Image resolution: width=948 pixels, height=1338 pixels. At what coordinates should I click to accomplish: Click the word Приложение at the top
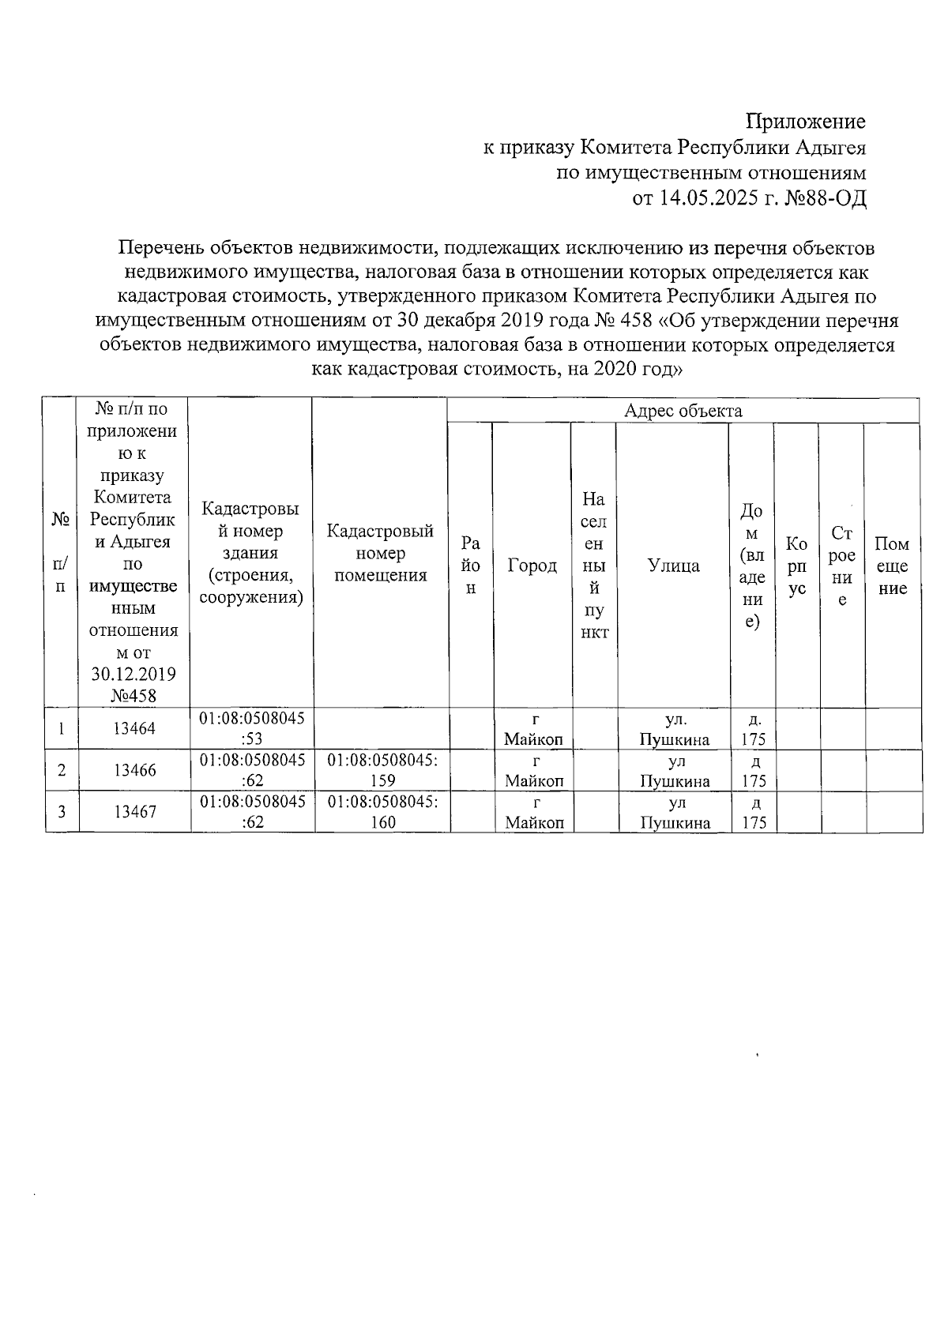(x=806, y=122)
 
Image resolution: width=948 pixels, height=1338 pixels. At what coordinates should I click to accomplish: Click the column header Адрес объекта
(x=683, y=411)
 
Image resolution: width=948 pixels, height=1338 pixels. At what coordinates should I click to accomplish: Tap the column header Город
(x=532, y=566)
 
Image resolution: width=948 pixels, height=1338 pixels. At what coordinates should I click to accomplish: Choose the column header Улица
(x=673, y=566)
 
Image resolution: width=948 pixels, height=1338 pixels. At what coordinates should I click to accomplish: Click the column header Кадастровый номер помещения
(x=381, y=553)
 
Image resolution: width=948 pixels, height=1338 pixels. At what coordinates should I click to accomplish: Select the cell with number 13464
(x=134, y=728)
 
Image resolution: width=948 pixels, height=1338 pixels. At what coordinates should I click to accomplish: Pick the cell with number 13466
(x=134, y=770)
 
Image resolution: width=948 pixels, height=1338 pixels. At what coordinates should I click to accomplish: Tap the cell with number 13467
(x=134, y=811)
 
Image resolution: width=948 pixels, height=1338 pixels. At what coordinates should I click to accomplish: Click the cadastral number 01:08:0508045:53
(x=252, y=728)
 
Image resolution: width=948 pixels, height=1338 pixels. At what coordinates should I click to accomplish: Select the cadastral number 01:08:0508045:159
(x=382, y=770)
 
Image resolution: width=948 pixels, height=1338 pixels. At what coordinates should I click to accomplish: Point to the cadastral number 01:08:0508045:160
(x=382, y=811)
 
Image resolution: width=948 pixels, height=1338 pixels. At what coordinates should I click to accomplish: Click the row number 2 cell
(x=62, y=770)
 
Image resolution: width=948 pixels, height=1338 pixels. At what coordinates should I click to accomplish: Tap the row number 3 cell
(x=62, y=811)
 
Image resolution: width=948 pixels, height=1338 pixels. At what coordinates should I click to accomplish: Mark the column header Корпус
(x=796, y=566)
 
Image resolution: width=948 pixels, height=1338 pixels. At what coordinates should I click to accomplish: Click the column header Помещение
(x=893, y=566)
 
